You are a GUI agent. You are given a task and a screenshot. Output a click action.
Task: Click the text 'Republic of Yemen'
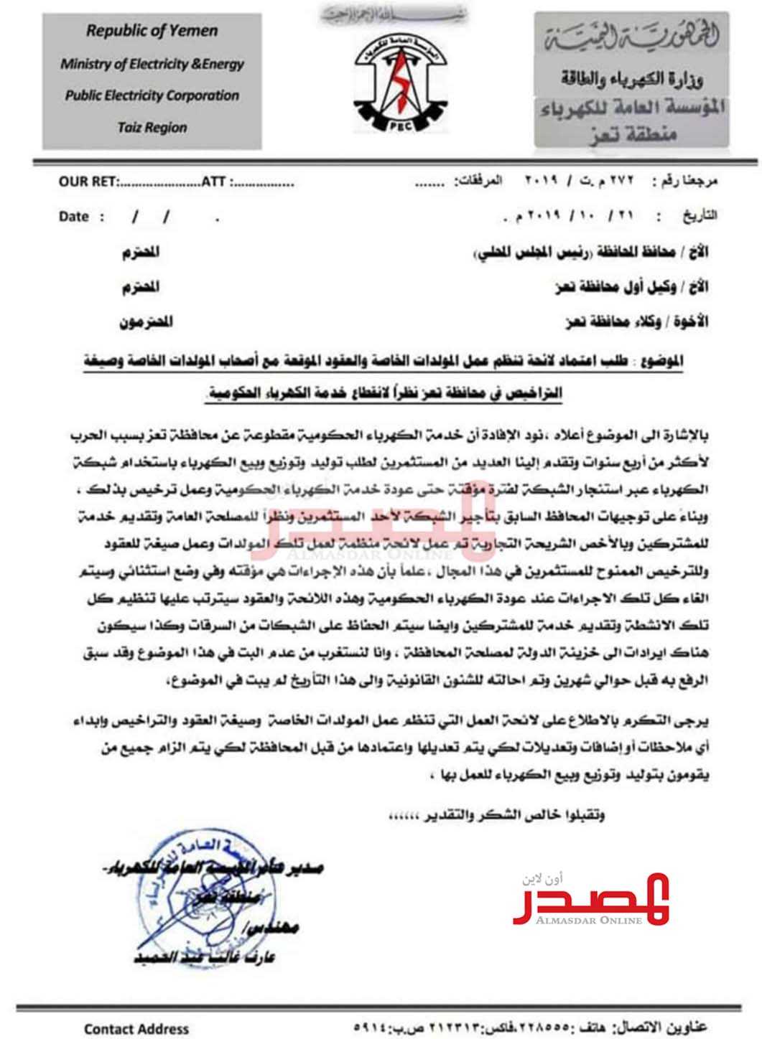tap(152, 31)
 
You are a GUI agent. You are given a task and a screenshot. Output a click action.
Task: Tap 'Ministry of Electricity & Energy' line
tap(152, 64)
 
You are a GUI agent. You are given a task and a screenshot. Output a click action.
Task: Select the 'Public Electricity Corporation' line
tap(152, 95)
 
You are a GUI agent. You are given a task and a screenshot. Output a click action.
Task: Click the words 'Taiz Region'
tap(152, 128)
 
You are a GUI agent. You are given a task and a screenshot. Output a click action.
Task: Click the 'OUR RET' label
tap(88, 182)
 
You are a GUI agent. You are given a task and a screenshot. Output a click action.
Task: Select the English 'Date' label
tap(74, 217)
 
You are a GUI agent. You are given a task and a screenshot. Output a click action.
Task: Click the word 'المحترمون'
tap(147, 321)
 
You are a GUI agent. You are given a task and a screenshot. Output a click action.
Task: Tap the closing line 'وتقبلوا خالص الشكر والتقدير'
tap(495, 817)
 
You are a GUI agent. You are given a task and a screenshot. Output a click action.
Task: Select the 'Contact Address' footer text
tap(136, 1028)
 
